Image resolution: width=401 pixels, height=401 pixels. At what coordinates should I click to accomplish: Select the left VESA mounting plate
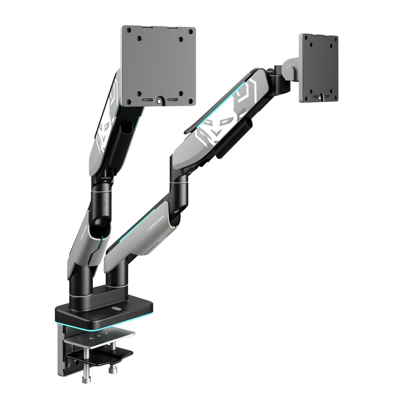(x=159, y=66)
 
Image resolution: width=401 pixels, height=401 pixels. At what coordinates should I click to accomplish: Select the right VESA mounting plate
(x=319, y=68)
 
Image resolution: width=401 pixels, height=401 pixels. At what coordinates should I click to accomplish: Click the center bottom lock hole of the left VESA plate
(x=159, y=100)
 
